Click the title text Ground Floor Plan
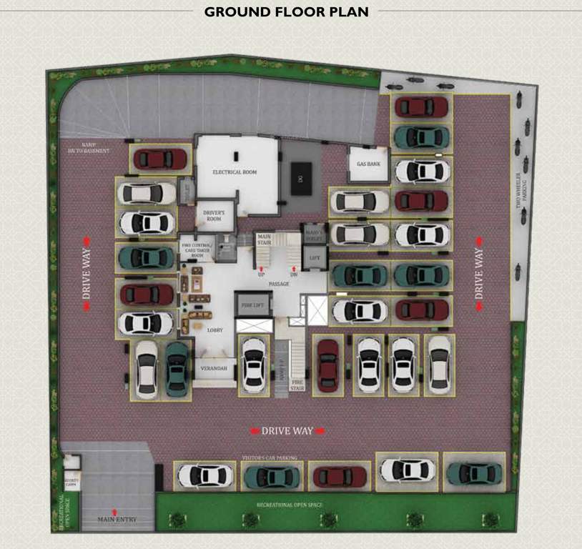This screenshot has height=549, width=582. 286,11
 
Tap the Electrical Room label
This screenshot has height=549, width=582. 234,172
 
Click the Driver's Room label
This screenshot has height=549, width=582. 214,216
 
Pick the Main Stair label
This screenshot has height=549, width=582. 264,239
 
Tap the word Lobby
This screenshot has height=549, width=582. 216,331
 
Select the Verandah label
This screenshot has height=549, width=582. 215,368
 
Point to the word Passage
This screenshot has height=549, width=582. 279,284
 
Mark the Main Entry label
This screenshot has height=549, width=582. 117,519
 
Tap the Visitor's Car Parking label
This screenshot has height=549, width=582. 269,457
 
